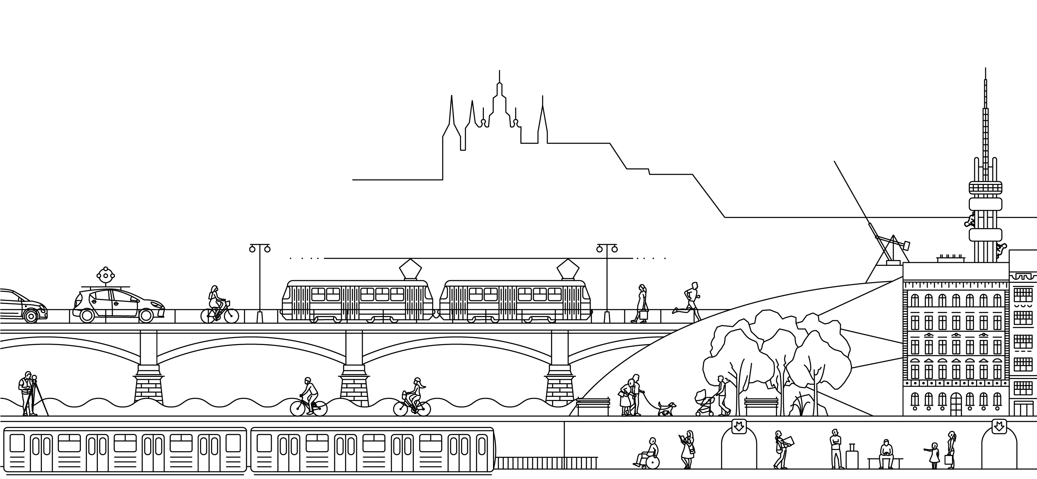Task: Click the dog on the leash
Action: click(666, 408)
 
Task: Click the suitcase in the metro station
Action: click(852, 458)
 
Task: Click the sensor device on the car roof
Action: click(105, 276)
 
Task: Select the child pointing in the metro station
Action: click(934, 455)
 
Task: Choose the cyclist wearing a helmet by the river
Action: click(308, 396)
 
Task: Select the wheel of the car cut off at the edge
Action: click(31, 316)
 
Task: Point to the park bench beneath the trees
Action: click(761, 406)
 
